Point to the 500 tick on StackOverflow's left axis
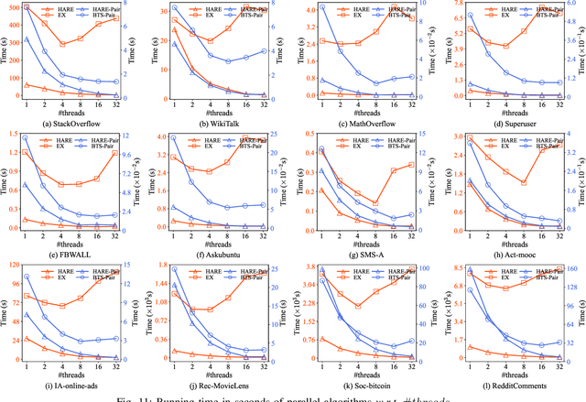pos(22,7)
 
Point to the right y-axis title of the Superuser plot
pos(581,50)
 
